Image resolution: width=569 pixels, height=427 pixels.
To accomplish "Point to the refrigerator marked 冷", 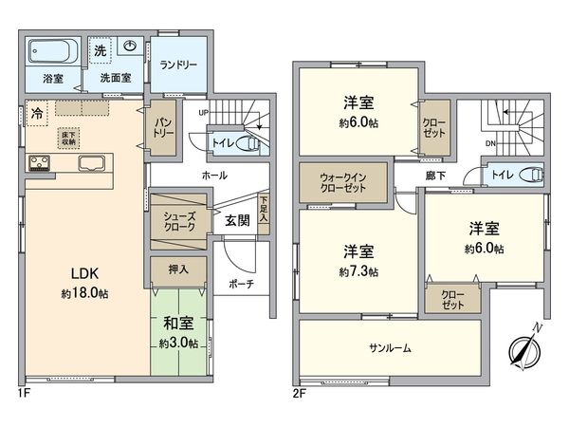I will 36,110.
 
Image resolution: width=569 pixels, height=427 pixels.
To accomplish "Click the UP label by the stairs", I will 204,112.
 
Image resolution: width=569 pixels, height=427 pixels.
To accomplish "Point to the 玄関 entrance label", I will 237,220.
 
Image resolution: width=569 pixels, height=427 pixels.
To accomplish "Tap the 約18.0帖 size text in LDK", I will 83,293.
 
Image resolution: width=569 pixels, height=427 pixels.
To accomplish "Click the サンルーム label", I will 389,347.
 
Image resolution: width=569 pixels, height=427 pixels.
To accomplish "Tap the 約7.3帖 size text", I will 358,271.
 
